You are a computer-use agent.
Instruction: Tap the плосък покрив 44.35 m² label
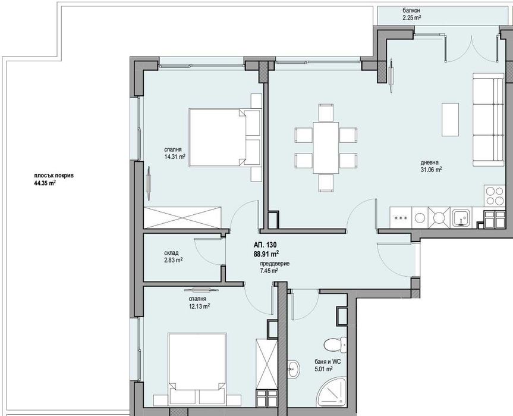pos(53,180)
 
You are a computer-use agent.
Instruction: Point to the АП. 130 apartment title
pos(265,245)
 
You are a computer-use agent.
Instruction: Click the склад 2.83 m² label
pos(172,257)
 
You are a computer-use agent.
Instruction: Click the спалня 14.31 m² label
pos(175,153)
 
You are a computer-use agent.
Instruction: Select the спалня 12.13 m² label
pos(199,302)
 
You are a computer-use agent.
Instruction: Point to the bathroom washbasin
pos(294,368)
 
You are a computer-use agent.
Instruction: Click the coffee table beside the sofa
pos(450,118)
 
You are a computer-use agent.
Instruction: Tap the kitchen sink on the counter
pos(461,218)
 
